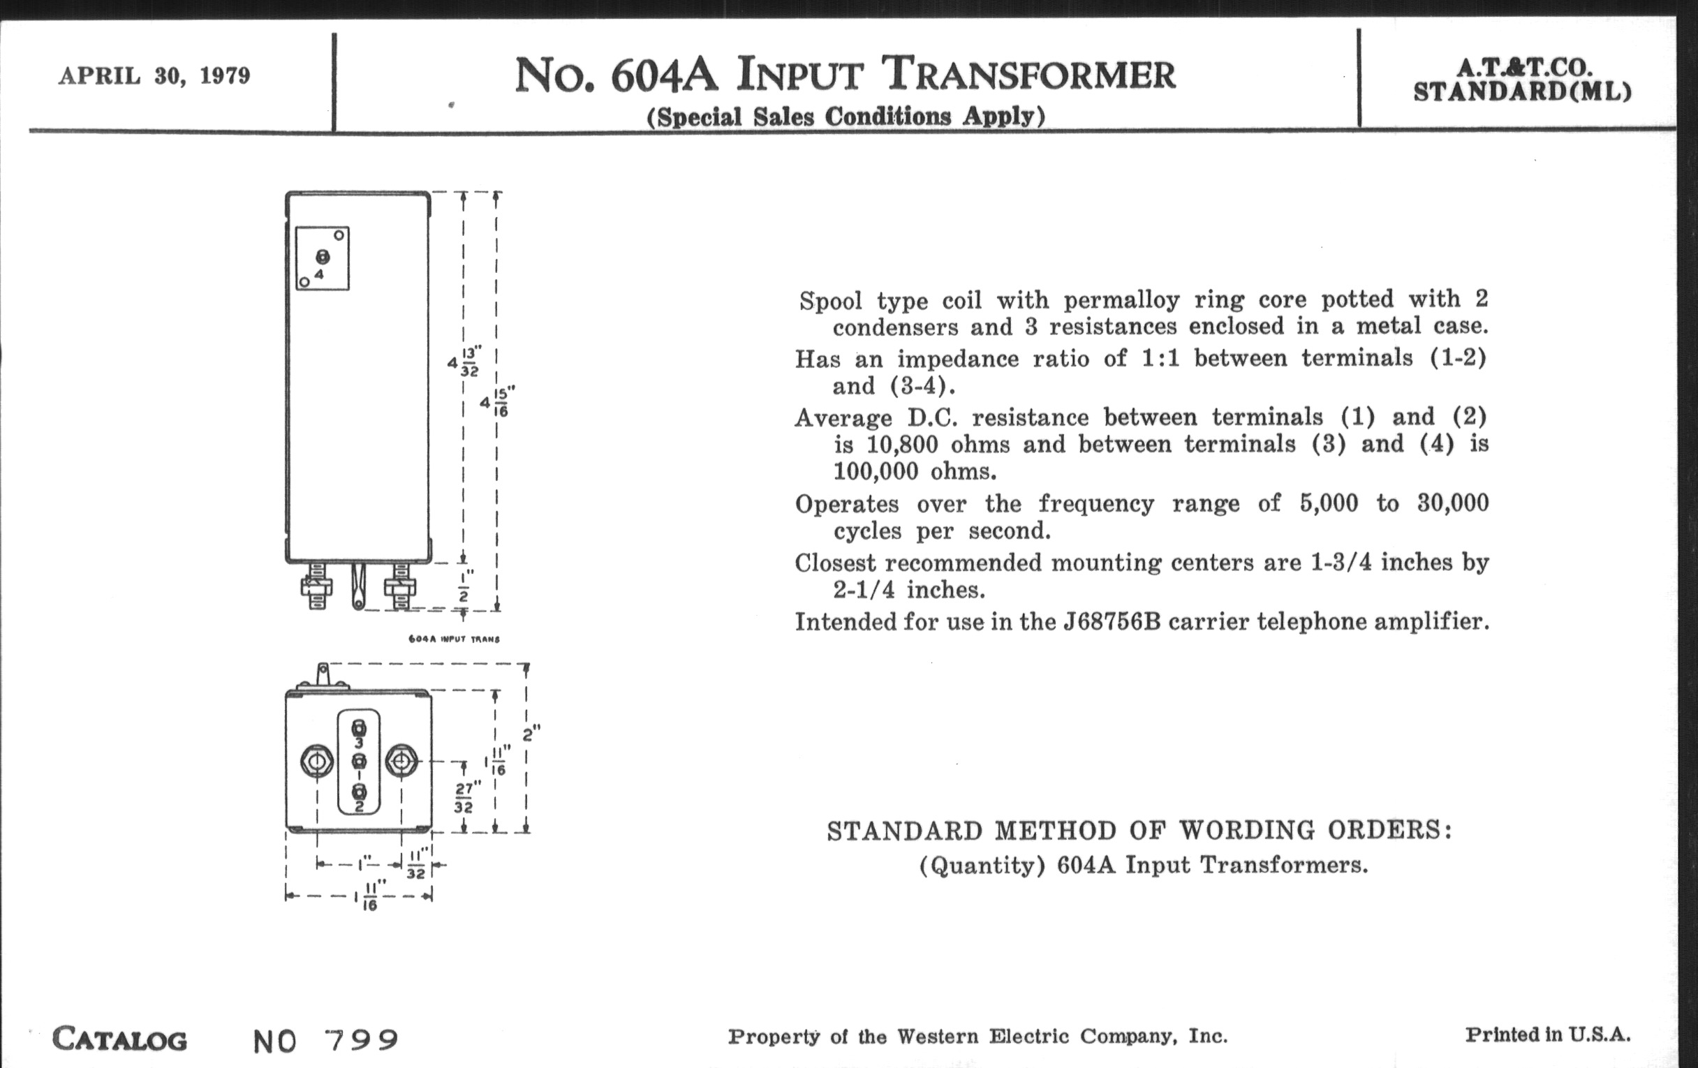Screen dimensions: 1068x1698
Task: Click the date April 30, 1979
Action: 154,75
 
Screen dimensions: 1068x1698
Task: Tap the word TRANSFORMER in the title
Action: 1031,75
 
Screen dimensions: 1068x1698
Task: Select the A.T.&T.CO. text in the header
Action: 1523,68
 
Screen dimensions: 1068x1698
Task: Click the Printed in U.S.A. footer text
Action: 1548,1035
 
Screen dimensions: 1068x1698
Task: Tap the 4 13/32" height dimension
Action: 466,362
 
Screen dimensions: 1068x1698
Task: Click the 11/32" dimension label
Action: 417,865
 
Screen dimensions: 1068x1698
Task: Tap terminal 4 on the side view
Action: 323,258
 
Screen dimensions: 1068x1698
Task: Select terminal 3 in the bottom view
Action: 358,728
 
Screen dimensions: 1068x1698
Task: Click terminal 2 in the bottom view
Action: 358,793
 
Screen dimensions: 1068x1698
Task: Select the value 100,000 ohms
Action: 915,472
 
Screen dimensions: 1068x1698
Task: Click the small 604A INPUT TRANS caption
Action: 454,639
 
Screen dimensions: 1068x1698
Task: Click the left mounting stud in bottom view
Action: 316,762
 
